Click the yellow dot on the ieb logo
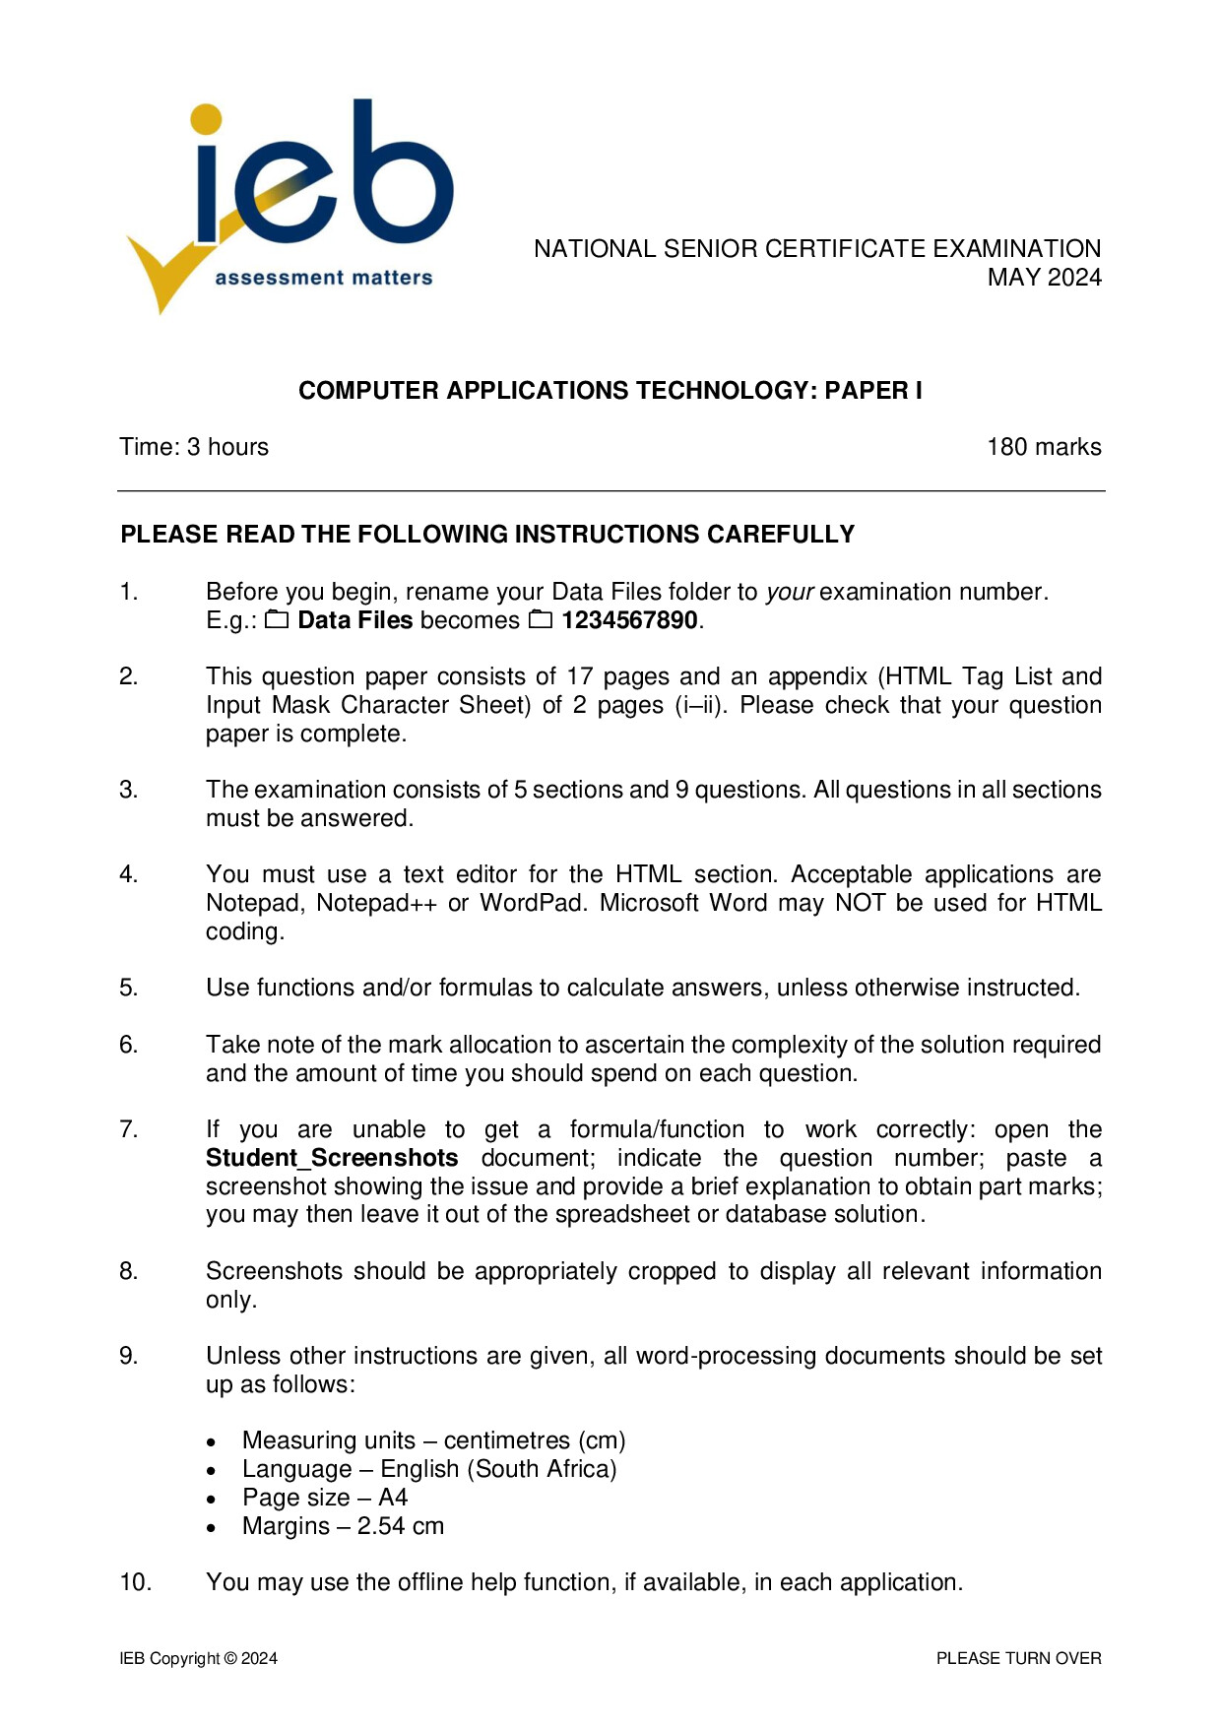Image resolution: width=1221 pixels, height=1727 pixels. [x=207, y=119]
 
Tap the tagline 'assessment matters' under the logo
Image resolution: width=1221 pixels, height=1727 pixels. [x=323, y=279]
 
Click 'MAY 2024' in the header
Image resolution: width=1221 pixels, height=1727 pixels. [x=1044, y=278]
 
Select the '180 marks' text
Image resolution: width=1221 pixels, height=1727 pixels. [x=1044, y=447]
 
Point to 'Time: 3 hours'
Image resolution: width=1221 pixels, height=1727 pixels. [x=194, y=447]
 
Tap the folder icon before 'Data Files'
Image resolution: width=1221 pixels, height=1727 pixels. [x=277, y=620]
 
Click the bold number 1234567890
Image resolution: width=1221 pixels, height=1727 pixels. [x=629, y=620]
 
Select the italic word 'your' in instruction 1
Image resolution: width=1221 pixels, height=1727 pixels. [x=790, y=592]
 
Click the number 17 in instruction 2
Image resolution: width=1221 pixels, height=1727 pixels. [x=579, y=676]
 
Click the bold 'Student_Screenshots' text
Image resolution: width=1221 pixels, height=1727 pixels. [x=332, y=1158]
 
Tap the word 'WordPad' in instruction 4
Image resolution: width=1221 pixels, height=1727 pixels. [x=532, y=903]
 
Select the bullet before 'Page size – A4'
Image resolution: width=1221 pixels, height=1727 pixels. [x=212, y=1499]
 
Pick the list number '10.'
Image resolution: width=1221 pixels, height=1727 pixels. [x=135, y=1582]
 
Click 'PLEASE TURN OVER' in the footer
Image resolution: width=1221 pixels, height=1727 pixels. [x=1018, y=1658]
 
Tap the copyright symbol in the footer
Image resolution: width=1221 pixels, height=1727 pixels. [x=230, y=1658]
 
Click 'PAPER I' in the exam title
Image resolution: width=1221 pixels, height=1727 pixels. [x=873, y=391]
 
